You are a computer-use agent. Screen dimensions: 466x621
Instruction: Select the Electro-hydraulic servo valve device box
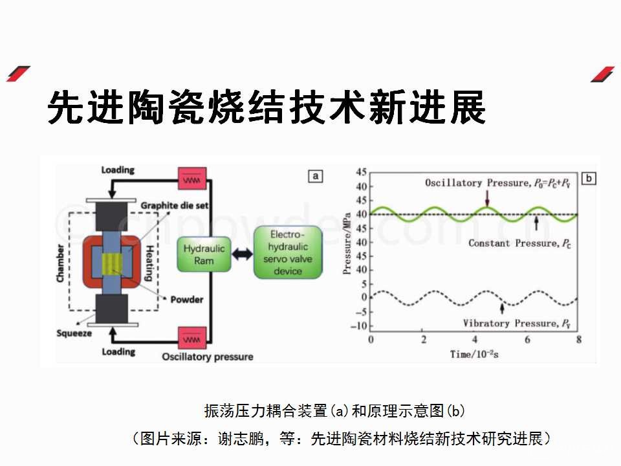tap(287, 252)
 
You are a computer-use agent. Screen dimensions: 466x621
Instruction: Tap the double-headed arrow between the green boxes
tap(243, 254)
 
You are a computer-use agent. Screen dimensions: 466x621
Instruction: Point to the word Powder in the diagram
tap(186, 300)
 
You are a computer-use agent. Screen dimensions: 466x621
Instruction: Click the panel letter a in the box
tap(315, 175)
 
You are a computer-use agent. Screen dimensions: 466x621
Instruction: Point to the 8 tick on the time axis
tap(579, 340)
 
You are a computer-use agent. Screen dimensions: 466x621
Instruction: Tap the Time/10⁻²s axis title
tap(475, 354)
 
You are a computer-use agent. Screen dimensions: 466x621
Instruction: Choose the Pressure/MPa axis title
tap(347, 250)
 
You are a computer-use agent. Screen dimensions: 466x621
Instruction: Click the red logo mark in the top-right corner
tap(602, 74)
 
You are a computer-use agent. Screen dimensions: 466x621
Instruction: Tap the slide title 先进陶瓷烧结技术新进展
tap(267, 107)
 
